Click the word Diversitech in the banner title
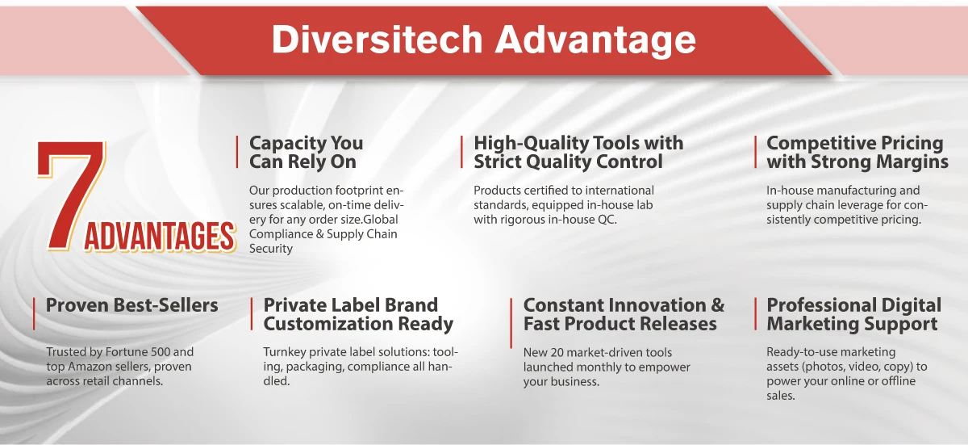click(x=377, y=40)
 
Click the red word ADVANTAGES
click(x=160, y=237)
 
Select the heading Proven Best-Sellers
click(x=131, y=305)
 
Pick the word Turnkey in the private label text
click(x=284, y=352)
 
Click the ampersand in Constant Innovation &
click(x=717, y=305)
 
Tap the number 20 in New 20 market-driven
click(x=557, y=352)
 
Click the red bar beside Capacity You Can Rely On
click(x=237, y=152)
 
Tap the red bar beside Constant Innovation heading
click(x=511, y=323)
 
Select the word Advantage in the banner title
click(x=595, y=40)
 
